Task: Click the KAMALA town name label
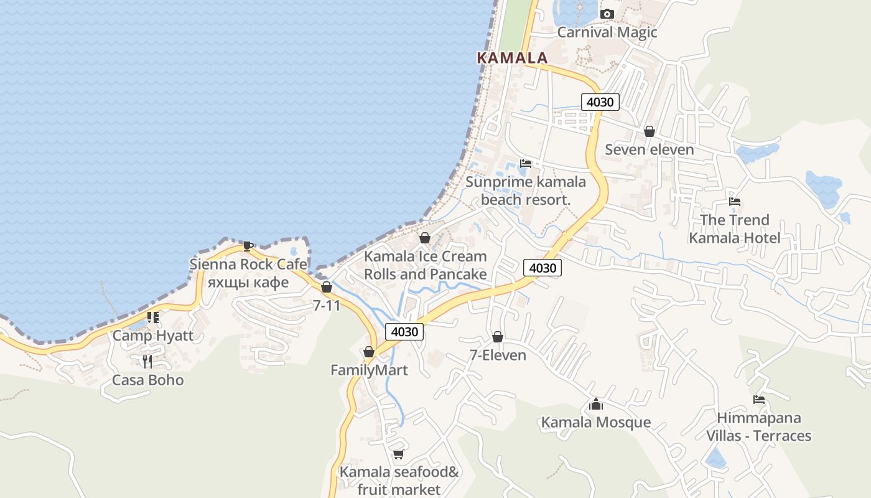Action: pos(512,58)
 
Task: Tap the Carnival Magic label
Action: pos(607,32)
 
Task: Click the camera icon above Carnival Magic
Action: pos(607,14)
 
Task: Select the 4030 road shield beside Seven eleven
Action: pos(600,102)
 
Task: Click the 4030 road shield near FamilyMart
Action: pos(404,332)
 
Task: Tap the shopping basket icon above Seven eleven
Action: pos(649,131)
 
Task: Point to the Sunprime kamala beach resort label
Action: pos(526,190)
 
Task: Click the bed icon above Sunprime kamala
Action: pos(526,164)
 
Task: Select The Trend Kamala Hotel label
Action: pos(734,228)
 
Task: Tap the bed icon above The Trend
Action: pos(734,202)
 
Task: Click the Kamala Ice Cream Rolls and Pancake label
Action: pos(425,265)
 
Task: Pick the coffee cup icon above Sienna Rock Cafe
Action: pos(248,246)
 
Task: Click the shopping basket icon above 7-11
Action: pos(326,287)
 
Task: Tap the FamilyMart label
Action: pos(369,370)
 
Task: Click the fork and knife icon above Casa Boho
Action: pos(147,362)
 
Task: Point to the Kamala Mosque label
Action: pos(595,423)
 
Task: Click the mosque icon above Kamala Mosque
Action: pos(595,405)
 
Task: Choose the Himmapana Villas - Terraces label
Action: pos(758,426)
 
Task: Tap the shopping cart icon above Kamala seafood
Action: pos(398,454)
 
